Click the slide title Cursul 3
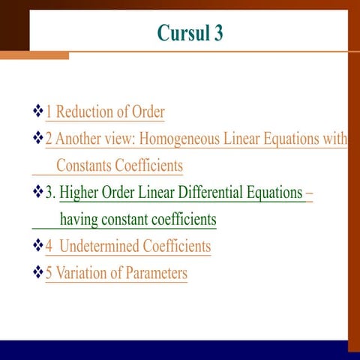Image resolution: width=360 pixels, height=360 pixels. (190, 33)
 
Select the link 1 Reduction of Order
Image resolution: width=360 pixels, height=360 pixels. (105, 112)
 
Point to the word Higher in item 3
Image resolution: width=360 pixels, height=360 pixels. (80, 193)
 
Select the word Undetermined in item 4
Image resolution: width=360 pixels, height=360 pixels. (92, 246)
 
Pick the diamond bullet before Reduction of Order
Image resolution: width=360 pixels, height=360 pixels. (37, 112)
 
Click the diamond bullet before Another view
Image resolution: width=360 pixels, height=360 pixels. (37, 139)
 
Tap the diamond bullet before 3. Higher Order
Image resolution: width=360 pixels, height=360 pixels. (37, 193)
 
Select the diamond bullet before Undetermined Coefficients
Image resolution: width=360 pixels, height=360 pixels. (37, 246)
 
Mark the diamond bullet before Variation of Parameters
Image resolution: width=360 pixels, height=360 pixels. (37, 273)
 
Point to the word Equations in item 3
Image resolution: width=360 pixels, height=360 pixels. (273, 193)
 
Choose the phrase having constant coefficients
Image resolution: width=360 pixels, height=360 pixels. (138, 220)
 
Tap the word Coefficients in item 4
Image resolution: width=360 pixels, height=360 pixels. (169, 246)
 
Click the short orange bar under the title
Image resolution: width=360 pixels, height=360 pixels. (34, 55)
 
